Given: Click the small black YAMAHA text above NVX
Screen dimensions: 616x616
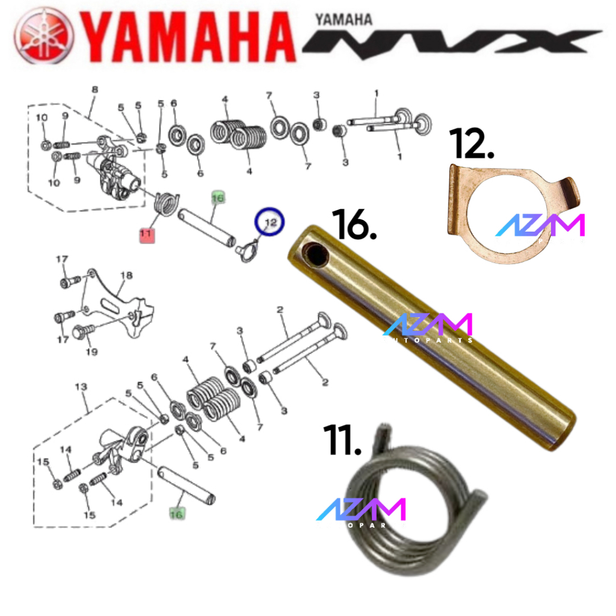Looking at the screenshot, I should (x=343, y=19).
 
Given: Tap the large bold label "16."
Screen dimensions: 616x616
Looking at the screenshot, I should (x=354, y=226).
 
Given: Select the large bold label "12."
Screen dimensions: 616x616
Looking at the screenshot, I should (x=472, y=143).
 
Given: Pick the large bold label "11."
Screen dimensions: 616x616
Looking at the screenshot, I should (x=342, y=441).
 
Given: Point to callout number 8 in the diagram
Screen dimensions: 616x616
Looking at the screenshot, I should (x=94, y=90).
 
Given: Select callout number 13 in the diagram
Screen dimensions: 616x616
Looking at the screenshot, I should (x=81, y=386).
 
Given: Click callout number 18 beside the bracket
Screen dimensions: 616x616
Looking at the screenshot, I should (x=126, y=276).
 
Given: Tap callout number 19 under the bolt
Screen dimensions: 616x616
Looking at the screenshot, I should (x=91, y=351).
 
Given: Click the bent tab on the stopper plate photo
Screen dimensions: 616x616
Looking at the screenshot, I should (x=570, y=192).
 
